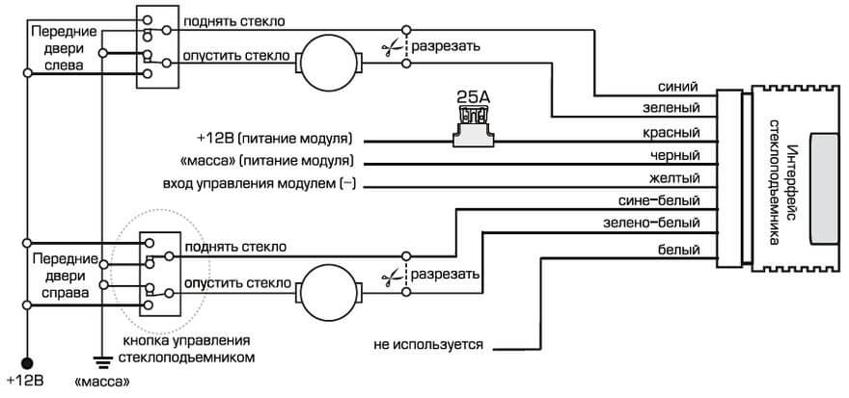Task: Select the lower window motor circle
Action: (328, 286)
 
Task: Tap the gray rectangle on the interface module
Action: (826, 189)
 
